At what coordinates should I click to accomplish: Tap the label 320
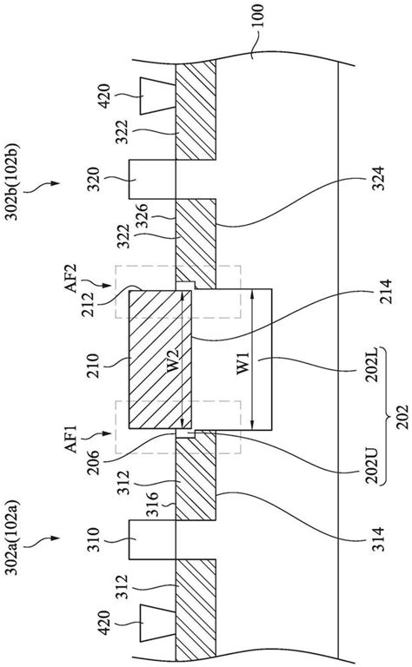105,179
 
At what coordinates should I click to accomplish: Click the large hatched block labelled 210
157,360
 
